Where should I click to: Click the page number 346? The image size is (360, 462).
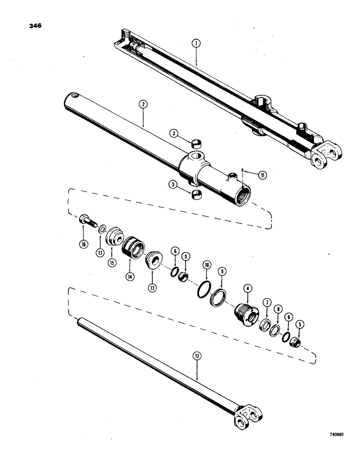pos(35,26)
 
